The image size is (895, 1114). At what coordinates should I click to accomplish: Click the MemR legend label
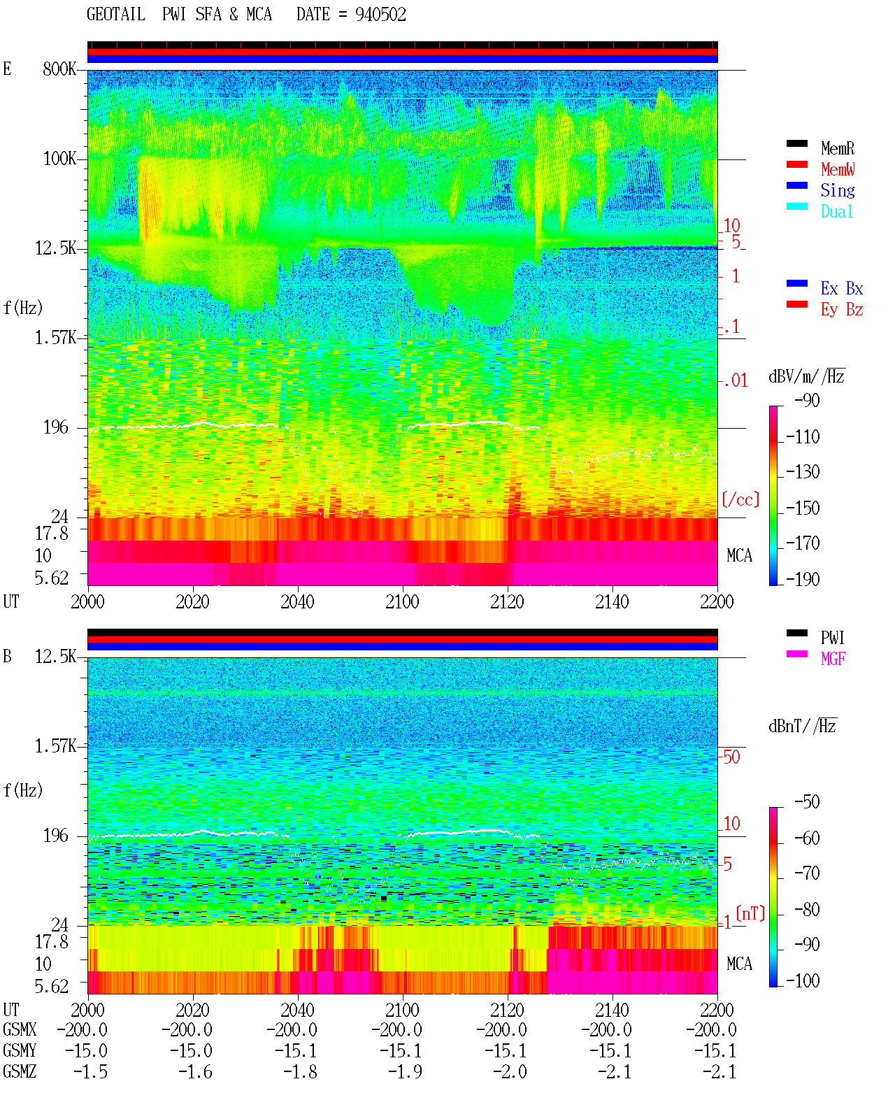point(837,148)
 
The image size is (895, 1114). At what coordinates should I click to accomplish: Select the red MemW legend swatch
point(796,164)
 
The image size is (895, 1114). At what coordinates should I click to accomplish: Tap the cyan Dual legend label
point(836,212)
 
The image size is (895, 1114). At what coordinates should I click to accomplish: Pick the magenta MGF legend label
point(833,659)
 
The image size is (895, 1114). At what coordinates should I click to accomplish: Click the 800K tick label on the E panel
point(59,69)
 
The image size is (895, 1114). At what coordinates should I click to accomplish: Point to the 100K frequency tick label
point(59,159)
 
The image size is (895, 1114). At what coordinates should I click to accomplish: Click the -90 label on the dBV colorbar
point(807,401)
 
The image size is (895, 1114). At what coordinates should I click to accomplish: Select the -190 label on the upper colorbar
point(803,579)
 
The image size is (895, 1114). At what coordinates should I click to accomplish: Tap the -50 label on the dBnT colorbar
point(807,802)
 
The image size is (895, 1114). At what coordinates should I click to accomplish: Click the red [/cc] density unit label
point(740,499)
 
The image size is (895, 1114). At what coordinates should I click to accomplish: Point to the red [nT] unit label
point(750,913)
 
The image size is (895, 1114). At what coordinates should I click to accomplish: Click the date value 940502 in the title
point(380,15)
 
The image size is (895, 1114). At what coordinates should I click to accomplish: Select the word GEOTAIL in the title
point(116,15)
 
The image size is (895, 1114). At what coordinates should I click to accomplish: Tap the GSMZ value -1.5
point(91,1071)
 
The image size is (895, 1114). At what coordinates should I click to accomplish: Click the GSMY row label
point(20,1050)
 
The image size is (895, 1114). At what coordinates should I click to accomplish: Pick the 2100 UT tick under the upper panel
point(402,602)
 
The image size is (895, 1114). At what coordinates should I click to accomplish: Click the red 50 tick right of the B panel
point(731,757)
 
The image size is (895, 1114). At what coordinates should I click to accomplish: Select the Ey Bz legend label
point(842,310)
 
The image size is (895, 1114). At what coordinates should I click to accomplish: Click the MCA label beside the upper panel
point(739,556)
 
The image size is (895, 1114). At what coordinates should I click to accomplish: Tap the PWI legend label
point(833,638)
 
